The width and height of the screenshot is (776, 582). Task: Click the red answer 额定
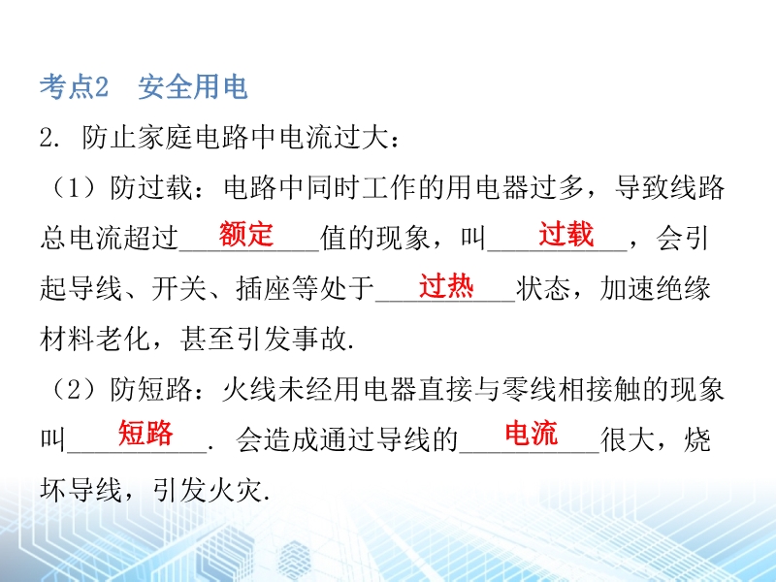tap(246, 234)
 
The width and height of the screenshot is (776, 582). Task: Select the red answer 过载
tap(566, 234)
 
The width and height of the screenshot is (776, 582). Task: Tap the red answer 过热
tap(446, 285)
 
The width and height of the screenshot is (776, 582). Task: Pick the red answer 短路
tap(145, 433)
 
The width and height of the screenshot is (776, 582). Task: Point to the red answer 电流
tap(532, 433)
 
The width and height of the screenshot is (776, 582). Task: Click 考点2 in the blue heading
tap(75, 87)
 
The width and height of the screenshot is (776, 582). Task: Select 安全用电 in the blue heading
tap(192, 87)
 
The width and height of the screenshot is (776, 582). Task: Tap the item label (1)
tap(75, 188)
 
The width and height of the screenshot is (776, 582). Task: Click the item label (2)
tap(75, 390)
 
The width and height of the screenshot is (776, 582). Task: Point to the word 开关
tap(178, 288)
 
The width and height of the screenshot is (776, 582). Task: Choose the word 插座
tap(263, 288)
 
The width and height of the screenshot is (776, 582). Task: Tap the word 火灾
tap(235, 491)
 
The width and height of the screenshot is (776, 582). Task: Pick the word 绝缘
tap(683, 288)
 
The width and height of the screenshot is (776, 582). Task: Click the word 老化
tap(123, 339)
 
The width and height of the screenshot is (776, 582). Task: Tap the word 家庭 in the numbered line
tap(165, 137)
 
